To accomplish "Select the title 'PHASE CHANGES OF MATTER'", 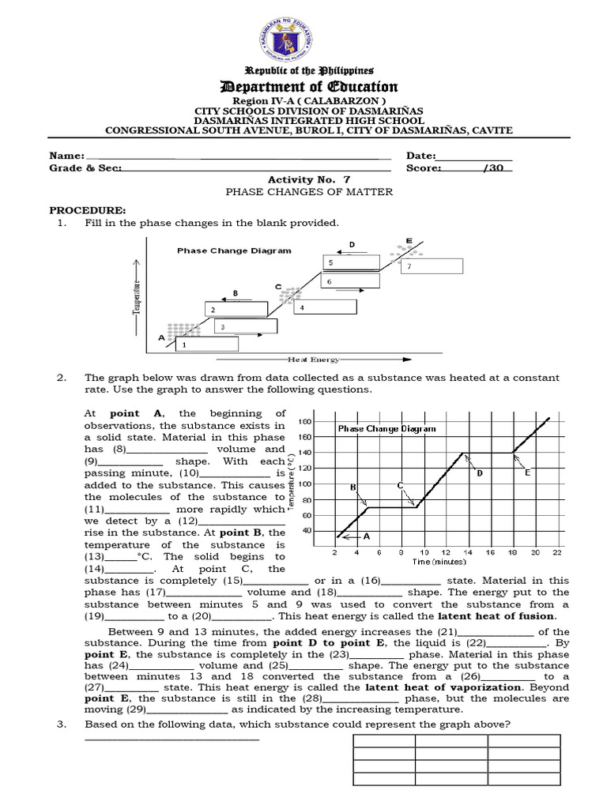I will point(309,192).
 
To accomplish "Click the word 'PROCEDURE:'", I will point(88,211).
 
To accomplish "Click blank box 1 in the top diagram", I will point(206,344).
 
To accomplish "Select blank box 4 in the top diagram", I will point(321,307).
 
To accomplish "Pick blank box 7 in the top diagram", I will point(432,266).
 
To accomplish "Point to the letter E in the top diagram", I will point(409,240).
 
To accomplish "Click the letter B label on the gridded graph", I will point(353,487).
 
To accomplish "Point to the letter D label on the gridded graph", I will point(478,472).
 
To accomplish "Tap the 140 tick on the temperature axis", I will point(305,453).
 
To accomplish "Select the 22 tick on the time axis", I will point(557,552).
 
